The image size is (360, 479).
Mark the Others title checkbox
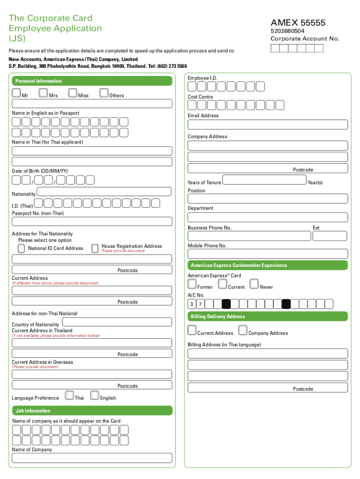pos(104,93)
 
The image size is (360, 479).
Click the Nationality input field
pos(104,192)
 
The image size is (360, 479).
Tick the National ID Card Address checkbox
pos(22,247)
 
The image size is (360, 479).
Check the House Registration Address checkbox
pos(95,247)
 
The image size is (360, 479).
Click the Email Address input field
pos(267,124)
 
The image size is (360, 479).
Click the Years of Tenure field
pos(264,180)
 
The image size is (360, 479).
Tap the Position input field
pos(267,199)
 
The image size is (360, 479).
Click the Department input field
pos(267,218)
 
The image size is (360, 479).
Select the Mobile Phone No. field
pos(267,254)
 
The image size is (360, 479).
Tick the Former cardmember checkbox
pos(192,284)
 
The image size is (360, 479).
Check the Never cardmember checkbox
pos(254,284)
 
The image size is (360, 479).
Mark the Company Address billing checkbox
pos(243,330)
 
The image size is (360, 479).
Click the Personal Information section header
pos(39,81)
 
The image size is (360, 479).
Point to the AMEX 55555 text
pos(298,23)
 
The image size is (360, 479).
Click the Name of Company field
pos(92,458)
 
